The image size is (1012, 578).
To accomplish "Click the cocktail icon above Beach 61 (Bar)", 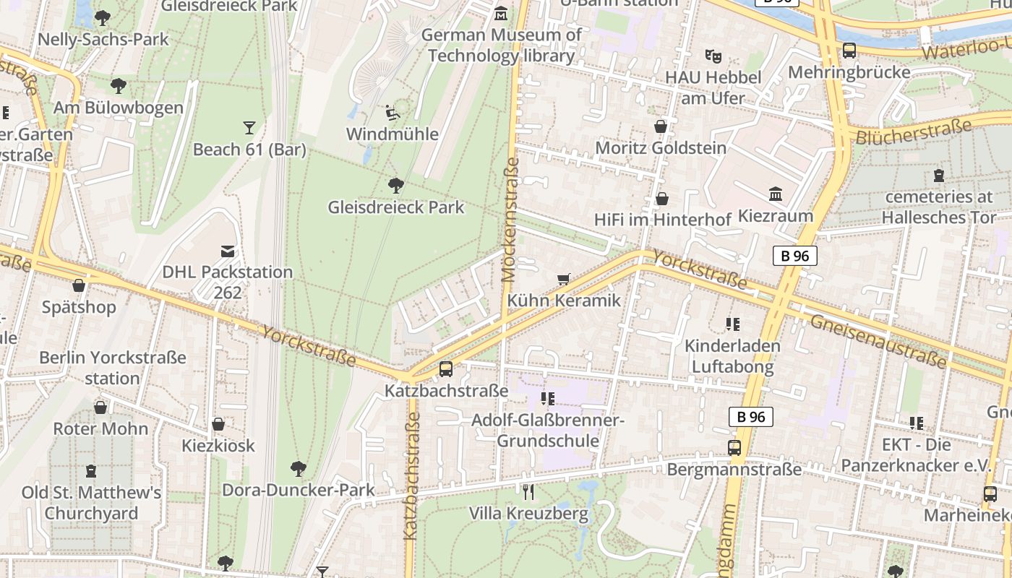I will click(x=249, y=128).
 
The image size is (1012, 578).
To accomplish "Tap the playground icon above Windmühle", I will click(x=392, y=112).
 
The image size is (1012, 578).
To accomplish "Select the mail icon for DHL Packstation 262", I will click(x=228, y=251).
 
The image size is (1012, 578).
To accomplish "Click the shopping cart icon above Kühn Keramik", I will click(x=564, y=279).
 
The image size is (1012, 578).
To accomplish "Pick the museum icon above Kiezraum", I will click(x=776, y=194).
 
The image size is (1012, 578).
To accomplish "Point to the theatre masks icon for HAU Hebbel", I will click(x=713, y=56).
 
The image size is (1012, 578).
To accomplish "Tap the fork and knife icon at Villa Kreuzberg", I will click(x=528, y=492).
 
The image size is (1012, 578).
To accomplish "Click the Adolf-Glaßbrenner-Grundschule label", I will click(x=547, y=431).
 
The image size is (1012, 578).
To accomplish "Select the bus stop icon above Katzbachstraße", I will click(x=446, y=369).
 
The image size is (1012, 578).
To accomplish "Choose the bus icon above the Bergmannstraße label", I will click(x=734, y=448).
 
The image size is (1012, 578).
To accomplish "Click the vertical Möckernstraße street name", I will click(x=510, y=220).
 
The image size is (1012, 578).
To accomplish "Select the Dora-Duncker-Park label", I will click(x=298, y=490).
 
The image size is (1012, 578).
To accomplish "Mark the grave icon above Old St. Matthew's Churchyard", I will click(x=90, y=471).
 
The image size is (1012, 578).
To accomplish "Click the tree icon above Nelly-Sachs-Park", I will click(x=103, y=17).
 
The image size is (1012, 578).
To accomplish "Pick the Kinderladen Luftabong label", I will click(x=732, y=356).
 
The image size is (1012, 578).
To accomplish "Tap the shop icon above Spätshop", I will click(x=79, y=285).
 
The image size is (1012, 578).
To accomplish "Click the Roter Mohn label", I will click(x=100, y=428).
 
